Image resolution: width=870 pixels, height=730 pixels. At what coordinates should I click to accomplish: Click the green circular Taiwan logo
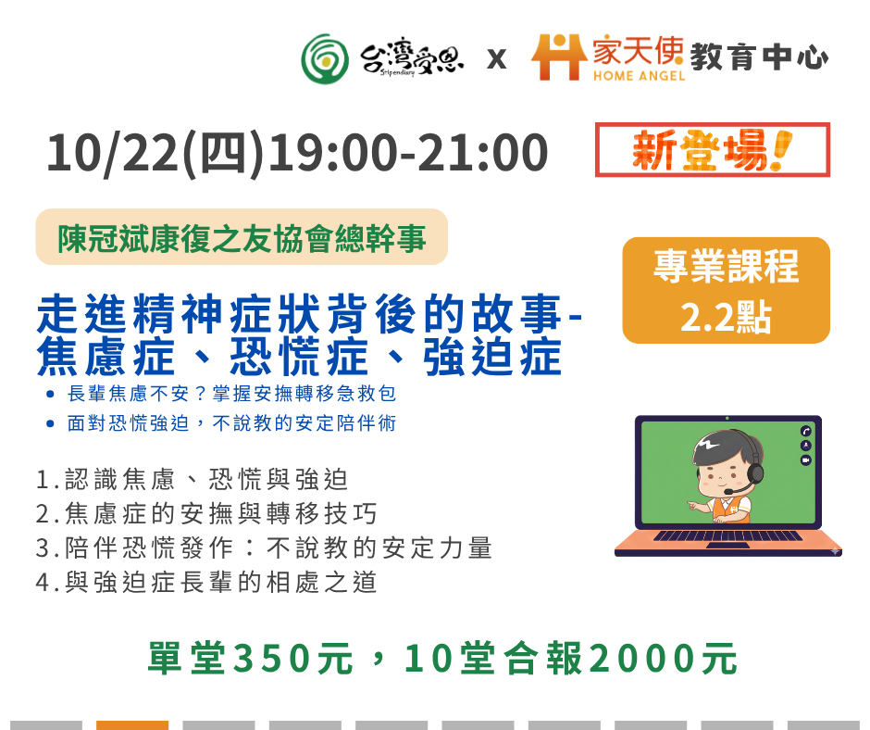325,59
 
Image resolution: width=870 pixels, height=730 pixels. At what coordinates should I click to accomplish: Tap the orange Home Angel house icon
559,57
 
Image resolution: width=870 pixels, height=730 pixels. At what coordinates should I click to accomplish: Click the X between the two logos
497,59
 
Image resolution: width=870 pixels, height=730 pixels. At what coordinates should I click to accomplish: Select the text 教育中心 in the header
759,57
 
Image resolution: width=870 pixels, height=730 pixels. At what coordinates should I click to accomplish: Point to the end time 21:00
481,152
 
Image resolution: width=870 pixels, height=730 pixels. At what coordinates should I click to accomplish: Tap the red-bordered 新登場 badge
713,150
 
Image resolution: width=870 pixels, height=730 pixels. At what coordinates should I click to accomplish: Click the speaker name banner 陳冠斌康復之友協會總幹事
242,237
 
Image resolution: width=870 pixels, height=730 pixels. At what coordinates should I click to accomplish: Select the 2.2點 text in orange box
726,317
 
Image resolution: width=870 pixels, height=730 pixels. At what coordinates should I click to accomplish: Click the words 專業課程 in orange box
726,266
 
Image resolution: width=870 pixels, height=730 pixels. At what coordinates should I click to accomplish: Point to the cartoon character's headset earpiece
755,474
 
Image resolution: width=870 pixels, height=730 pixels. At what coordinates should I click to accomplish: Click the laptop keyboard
728,535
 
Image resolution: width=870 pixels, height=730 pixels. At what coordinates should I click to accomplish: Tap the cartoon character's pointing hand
696,506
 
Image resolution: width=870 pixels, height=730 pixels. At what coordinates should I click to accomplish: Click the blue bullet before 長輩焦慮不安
51,395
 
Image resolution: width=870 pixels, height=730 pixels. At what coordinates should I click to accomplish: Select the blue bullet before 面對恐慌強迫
51,424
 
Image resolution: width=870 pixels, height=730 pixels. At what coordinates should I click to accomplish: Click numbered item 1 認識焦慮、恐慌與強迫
192,480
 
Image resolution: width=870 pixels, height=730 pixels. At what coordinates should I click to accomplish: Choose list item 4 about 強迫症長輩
206,582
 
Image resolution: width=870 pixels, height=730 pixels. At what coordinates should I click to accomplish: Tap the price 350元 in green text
293,659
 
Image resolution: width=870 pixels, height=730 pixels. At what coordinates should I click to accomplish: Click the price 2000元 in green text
663,659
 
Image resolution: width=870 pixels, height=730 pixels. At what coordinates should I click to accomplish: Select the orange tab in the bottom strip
132,725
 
